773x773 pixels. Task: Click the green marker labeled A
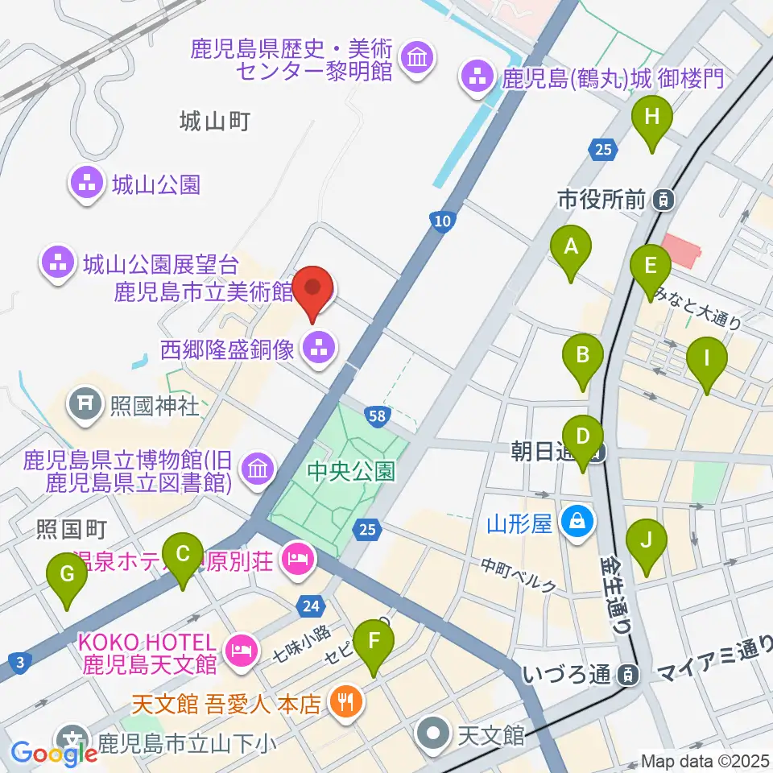[x=571, y=248]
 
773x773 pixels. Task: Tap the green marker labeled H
[x=652, y=118]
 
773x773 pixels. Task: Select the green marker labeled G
[x=67, y=575]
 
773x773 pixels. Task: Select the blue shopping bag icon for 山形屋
[x=578, y=523]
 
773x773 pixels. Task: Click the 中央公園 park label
[x=353, y=470]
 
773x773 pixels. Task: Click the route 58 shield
[x=375, y=415]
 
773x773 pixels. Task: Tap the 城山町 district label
[x=215, y=122]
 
